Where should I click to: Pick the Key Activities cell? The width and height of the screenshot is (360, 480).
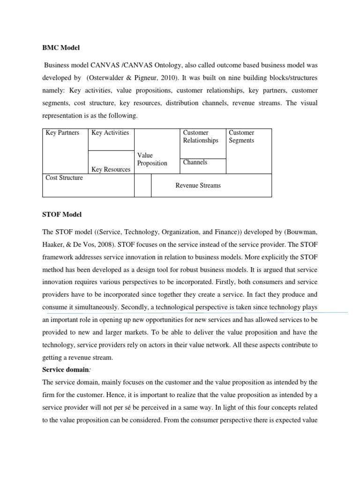110,133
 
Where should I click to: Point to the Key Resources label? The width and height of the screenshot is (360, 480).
111,169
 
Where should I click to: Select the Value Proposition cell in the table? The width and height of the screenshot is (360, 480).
152,159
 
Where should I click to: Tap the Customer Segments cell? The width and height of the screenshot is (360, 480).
241,136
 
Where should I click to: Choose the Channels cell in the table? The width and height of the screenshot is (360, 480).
195,162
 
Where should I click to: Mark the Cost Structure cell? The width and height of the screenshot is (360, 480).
64,178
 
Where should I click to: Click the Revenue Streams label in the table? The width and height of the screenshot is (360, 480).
198,185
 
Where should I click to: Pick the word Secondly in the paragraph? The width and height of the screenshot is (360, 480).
136,307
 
